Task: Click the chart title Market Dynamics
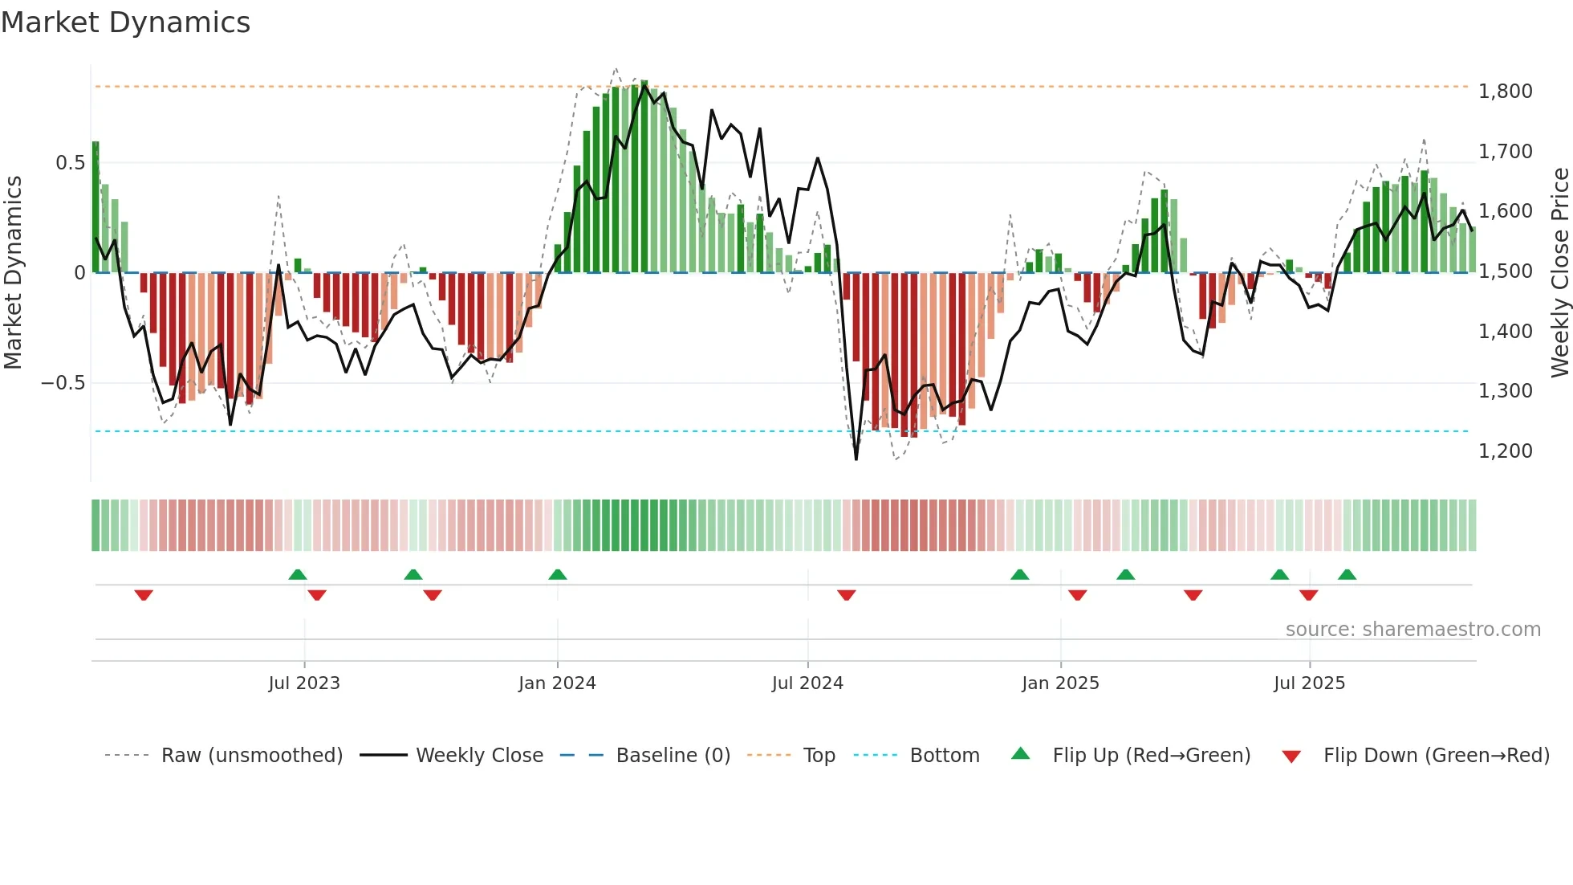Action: click(125, 22)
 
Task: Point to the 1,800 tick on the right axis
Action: click(1505, 92)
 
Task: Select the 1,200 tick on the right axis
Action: click(1505, 451)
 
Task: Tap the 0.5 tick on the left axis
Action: click(70, 163)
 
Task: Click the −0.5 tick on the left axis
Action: click(63, 383)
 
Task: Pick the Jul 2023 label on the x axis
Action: click(304, 683)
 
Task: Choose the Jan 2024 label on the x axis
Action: click(557, 683)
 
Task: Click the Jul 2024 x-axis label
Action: click(807, 683)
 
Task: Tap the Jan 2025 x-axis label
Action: click(1060, 683)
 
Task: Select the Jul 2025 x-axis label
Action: click(1309, 683)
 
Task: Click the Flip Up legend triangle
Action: click(1020, 753)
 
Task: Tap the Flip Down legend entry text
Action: click(1436, 756)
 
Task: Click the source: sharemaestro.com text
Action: click(1412, 630)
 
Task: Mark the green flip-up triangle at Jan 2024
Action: click(558, 574)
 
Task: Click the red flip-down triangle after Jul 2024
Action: click(847, 595)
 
